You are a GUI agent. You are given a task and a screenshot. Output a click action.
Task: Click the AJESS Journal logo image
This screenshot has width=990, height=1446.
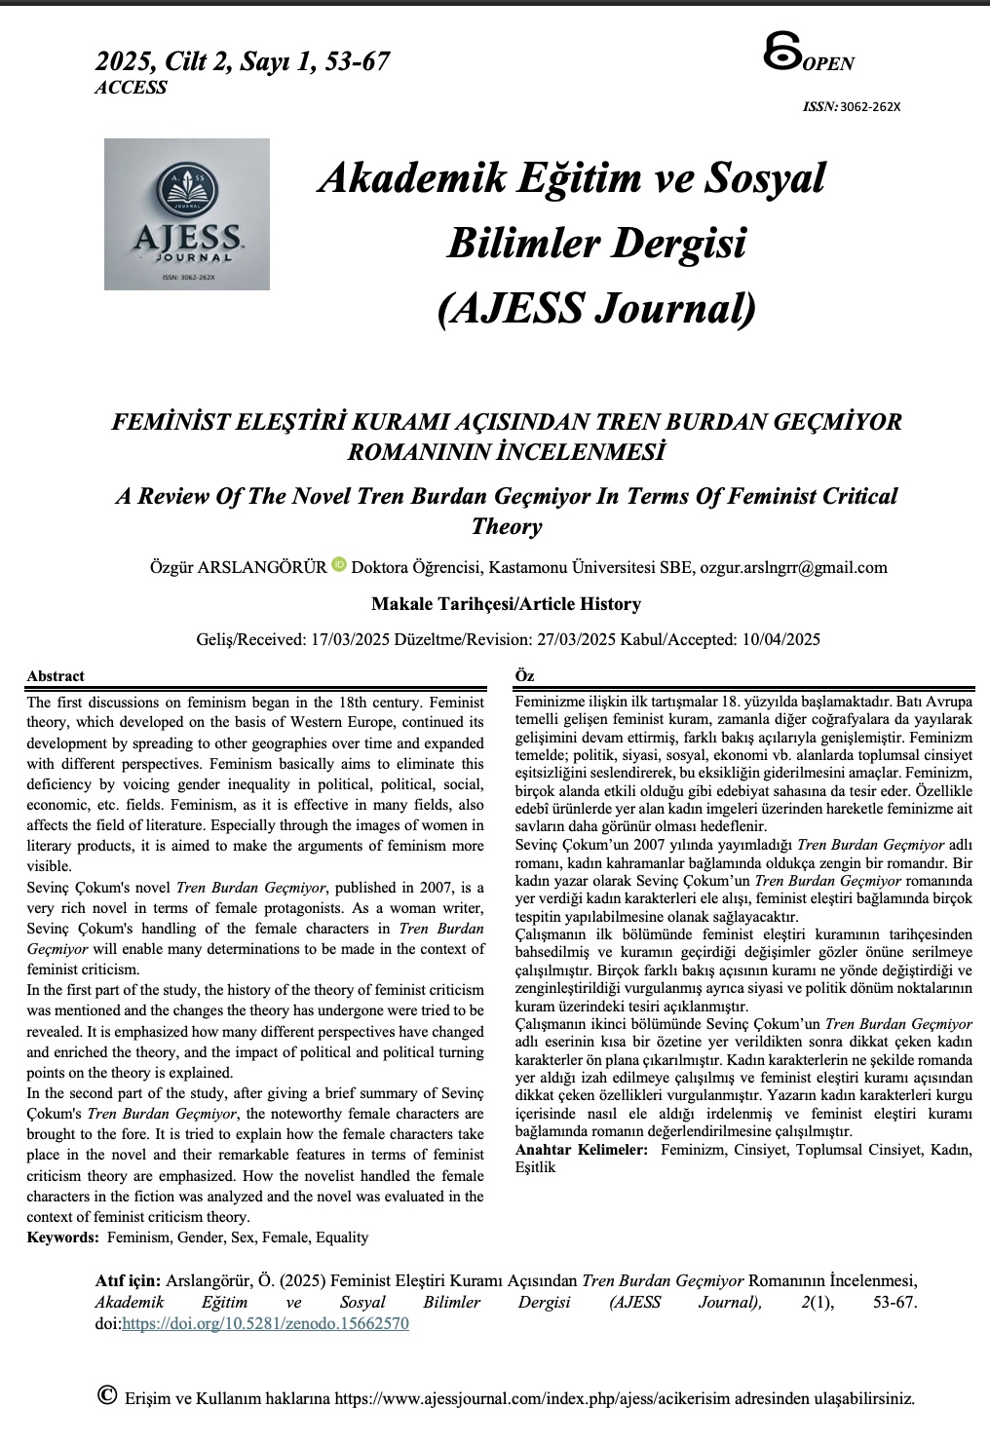click(187, 214)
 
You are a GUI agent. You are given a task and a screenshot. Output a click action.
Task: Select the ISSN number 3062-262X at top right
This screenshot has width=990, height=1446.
click(869, 106)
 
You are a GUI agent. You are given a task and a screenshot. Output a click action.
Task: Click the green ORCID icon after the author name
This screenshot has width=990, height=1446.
click(339, 564)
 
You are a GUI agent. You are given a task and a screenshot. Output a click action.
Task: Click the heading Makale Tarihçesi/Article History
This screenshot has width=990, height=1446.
click(506, 604)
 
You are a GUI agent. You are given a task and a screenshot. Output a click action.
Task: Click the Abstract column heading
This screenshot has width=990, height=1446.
click(56, 676)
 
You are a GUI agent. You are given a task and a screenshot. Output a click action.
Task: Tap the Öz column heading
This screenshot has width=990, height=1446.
click(523, 676)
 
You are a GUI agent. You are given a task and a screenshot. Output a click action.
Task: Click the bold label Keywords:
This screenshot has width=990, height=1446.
click(62, 1237)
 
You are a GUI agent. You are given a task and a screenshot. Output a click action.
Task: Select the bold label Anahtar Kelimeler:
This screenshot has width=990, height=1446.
click(581, 1151)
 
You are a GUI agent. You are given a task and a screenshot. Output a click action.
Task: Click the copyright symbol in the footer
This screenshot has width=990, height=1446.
click(108, 1395)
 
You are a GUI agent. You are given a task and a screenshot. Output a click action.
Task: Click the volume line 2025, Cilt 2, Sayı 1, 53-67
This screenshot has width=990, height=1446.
click(243, 62)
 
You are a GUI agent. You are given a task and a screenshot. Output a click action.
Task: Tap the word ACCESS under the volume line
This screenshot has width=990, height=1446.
click(131, 88)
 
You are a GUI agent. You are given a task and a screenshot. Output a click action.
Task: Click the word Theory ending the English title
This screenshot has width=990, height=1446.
click(506, 527)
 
